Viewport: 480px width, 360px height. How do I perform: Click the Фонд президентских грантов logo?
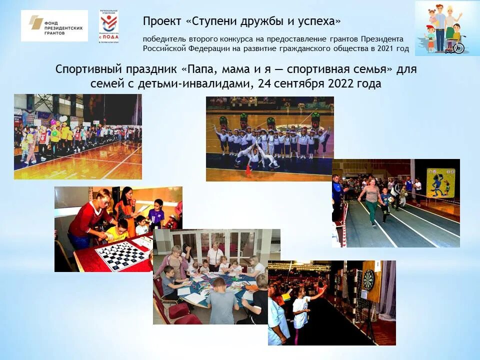coord(54,25)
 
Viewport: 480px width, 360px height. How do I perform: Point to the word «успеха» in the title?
coord(318,21)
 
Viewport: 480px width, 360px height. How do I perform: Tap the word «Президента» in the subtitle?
coord(382,39)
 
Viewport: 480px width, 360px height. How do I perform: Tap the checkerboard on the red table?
coord(122,255)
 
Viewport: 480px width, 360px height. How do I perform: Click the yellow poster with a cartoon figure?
coord(440,183)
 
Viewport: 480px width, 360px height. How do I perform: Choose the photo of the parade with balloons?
coord(77,136)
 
